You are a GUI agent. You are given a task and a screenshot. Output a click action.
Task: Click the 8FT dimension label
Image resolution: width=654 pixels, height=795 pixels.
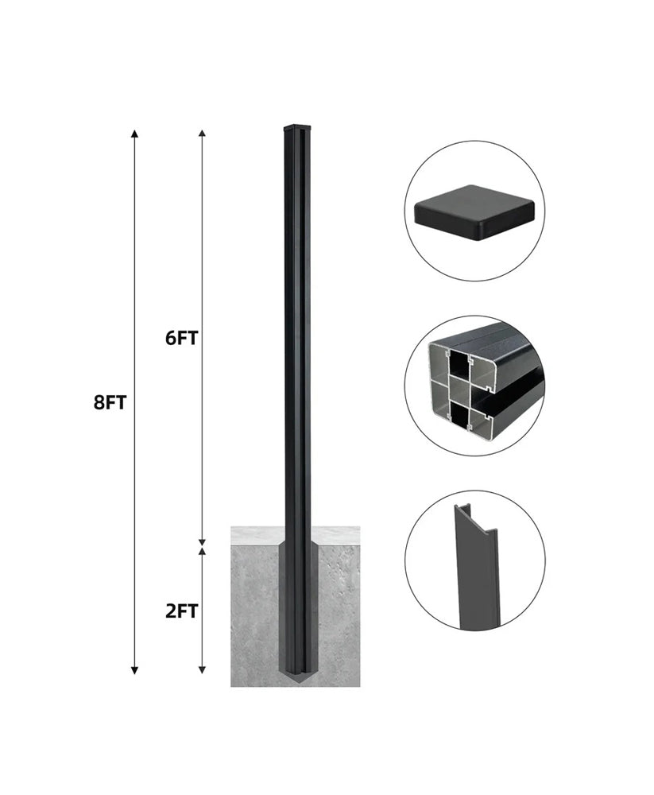[110, 402]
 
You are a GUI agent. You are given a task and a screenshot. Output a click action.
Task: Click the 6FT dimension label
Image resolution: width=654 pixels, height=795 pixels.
[181, 337]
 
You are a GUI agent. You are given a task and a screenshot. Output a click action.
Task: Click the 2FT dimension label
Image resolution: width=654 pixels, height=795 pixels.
[181, 611]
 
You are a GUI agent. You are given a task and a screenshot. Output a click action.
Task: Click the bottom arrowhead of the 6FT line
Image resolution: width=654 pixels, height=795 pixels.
[203, 540]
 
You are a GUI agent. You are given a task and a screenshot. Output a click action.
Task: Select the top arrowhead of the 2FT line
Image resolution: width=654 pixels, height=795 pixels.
[203, 551]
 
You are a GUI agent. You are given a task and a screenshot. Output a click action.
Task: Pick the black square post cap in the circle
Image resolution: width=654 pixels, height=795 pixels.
[474, 212]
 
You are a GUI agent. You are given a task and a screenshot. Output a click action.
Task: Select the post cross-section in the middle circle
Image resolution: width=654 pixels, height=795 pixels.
[469, 386]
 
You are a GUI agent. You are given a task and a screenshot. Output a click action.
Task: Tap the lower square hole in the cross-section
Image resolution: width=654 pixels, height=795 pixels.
[459, 413]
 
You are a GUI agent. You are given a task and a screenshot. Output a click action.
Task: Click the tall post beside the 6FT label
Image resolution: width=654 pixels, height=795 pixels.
[295, 337]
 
